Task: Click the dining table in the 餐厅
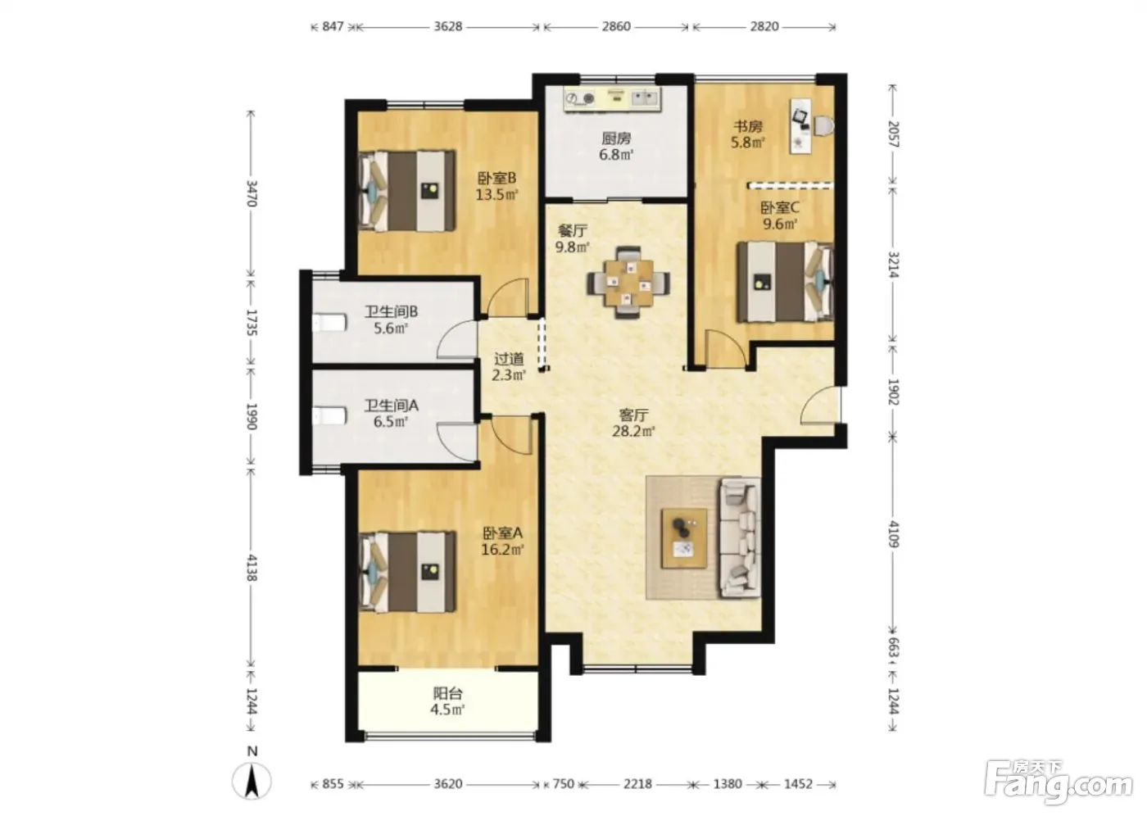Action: (x=628, y=283)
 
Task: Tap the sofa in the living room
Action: (x=740, y=537)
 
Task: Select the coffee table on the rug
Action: (x=683, y=538)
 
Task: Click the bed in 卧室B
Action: (x=408, y=190)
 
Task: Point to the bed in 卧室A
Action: (x=408, y=572)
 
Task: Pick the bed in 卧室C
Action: (x=785, y=282)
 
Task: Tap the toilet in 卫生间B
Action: (x=329, y=324)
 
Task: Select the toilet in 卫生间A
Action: (x=329, y=416)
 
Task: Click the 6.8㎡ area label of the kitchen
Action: (x=616, y=154)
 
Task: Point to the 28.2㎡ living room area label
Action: (x=633, y=431)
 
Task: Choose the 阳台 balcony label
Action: (x=448, y=694)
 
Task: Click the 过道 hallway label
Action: (x=509, y=359)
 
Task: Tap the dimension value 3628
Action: (x=448, y=26)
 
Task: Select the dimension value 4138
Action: (x=252, y=567)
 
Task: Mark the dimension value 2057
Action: (x=894, y=134)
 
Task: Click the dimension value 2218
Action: (x=637, y=784)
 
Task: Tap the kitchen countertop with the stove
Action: (x=613, y=98)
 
